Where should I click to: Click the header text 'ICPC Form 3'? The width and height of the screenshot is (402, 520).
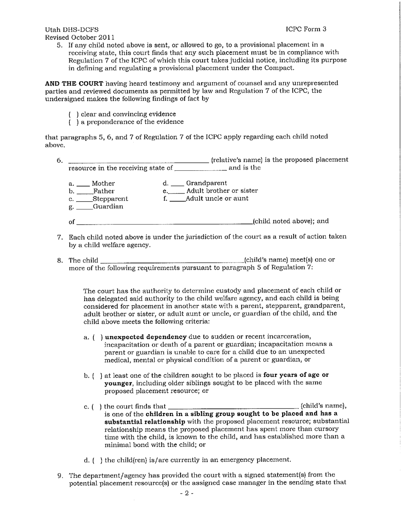[x=306, y=29]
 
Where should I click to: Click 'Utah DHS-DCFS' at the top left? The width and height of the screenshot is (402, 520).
[x=72, y=30]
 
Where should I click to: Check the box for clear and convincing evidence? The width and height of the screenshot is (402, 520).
[x=73, y=114]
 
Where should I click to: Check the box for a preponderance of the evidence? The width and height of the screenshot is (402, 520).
[x=73, y=122]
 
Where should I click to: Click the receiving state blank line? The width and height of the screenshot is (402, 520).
[x=201, y=169]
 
